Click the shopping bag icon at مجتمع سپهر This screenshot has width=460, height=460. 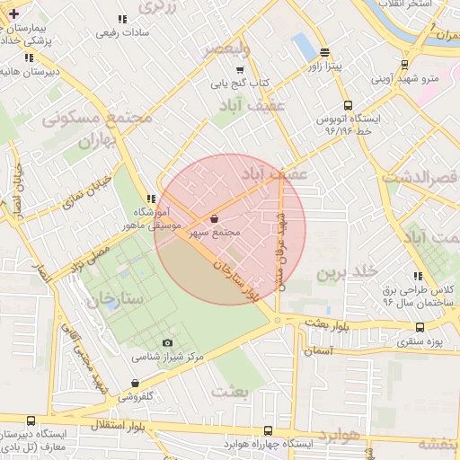point(214,219)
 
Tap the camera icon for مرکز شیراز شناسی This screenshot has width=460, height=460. point(167,342)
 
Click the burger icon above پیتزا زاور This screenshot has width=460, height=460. point(323,52)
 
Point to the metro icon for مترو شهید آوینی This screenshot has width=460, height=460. point(404,65)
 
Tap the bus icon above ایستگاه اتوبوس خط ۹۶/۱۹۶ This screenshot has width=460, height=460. point(348,104)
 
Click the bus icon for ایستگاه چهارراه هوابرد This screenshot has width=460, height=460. point(269,431)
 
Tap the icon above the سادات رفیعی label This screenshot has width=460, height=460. point(122,19)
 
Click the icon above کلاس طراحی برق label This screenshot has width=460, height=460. point(417,276)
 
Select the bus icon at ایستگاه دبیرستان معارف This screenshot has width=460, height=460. point(31,420)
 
